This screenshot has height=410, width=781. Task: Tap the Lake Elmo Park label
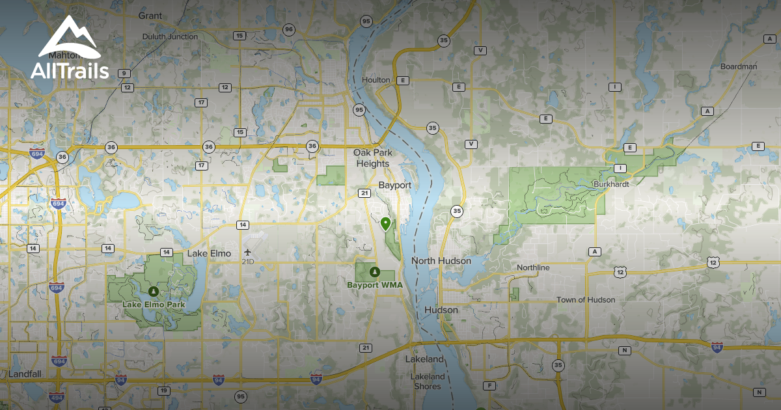click(154, 304)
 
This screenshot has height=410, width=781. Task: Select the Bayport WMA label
click(374, 284)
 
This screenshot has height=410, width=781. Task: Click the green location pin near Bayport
click(386, 225)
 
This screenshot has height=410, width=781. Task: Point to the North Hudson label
click(441, 261)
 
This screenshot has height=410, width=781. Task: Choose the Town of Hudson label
click(585, 300)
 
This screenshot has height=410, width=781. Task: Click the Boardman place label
click(739, 66)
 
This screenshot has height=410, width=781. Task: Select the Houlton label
click(376, 80)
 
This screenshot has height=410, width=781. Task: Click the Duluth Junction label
click(170, 36)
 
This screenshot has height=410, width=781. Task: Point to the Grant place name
click(150, 14)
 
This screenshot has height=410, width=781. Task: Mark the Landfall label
click(25, 374)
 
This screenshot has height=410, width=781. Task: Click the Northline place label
click(533, 267)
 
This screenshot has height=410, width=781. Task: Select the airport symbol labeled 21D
click(247, 252)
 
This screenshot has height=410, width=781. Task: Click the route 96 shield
click(289, 29)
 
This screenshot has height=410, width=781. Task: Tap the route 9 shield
click(122, 73)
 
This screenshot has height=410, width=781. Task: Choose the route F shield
click(489, 386)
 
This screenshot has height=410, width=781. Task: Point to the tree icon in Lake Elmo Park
click(153, 292)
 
